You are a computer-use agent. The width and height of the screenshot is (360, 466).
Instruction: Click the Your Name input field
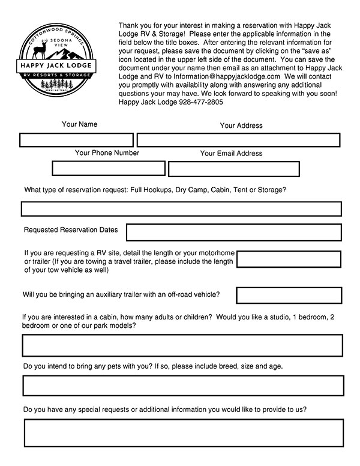point(76,140)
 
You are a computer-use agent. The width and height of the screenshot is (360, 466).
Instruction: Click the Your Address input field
point(240,140)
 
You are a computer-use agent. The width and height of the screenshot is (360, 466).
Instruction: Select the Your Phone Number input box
point(109,168)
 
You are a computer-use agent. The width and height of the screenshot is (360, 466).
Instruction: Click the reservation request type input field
point(181,209)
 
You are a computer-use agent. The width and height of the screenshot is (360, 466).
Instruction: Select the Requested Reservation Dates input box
point(233,232)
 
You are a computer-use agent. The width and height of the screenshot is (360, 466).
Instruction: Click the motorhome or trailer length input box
point(289,259)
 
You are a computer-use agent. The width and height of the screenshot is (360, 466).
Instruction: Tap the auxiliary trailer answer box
point(289,295)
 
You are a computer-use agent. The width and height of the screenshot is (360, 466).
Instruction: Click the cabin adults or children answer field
point(182,346)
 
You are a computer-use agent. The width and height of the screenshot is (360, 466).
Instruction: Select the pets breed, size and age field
point(183,386)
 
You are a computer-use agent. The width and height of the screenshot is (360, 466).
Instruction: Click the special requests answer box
point(184,433)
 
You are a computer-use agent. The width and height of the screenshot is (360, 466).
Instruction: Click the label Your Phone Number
point(107,153)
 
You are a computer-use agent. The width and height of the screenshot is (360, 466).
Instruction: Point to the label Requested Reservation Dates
point(71,230)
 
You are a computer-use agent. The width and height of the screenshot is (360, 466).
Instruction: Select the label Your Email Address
point(231,154)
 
